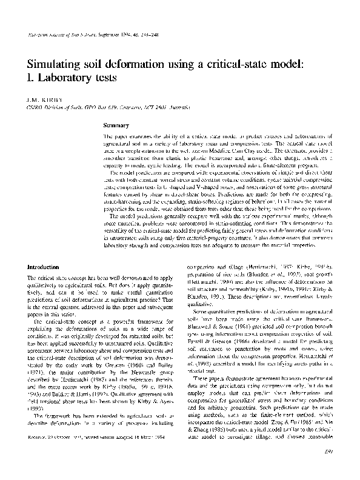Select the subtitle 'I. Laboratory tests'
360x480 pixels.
pos(72,78)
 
